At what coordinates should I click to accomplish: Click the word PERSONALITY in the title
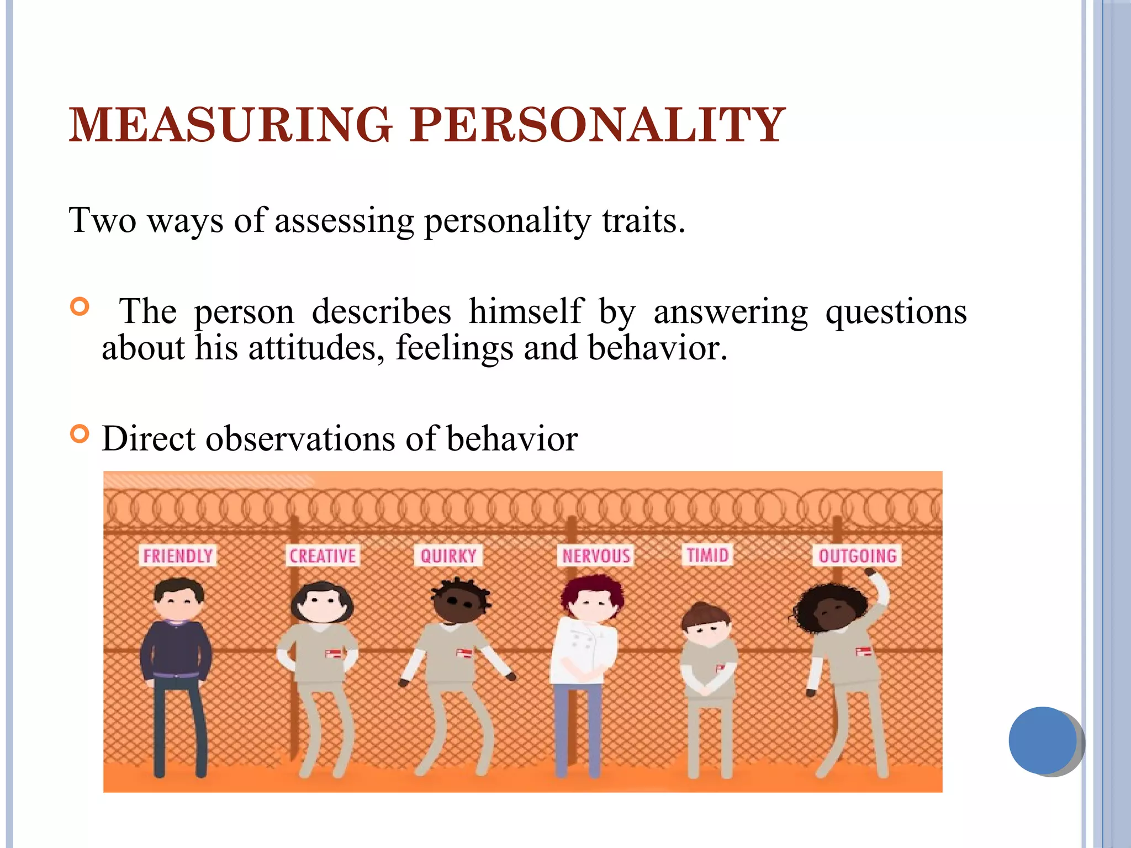tap(598, 125)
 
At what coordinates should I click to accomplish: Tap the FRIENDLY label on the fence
tap(178, 555)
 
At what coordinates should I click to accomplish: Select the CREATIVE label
tap(323, 555)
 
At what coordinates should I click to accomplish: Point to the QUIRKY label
tap(448, 555)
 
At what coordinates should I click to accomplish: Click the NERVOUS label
tap(596, 555)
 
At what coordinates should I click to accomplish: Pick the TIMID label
tap(707, 554)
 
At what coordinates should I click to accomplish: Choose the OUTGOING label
tap(857, 555)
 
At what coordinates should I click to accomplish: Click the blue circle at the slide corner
tap(1043, 740)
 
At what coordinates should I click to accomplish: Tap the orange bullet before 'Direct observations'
tap(80, 434)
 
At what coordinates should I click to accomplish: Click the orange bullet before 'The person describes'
tap(80, 306)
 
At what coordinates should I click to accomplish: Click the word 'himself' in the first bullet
tap(525, 311)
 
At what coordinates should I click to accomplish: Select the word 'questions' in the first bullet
tap(896, 312)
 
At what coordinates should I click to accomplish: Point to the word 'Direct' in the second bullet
tap(149, 439)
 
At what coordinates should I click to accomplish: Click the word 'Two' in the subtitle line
tap(103, 220)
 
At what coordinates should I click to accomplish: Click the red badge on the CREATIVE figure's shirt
tap(333, 654)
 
